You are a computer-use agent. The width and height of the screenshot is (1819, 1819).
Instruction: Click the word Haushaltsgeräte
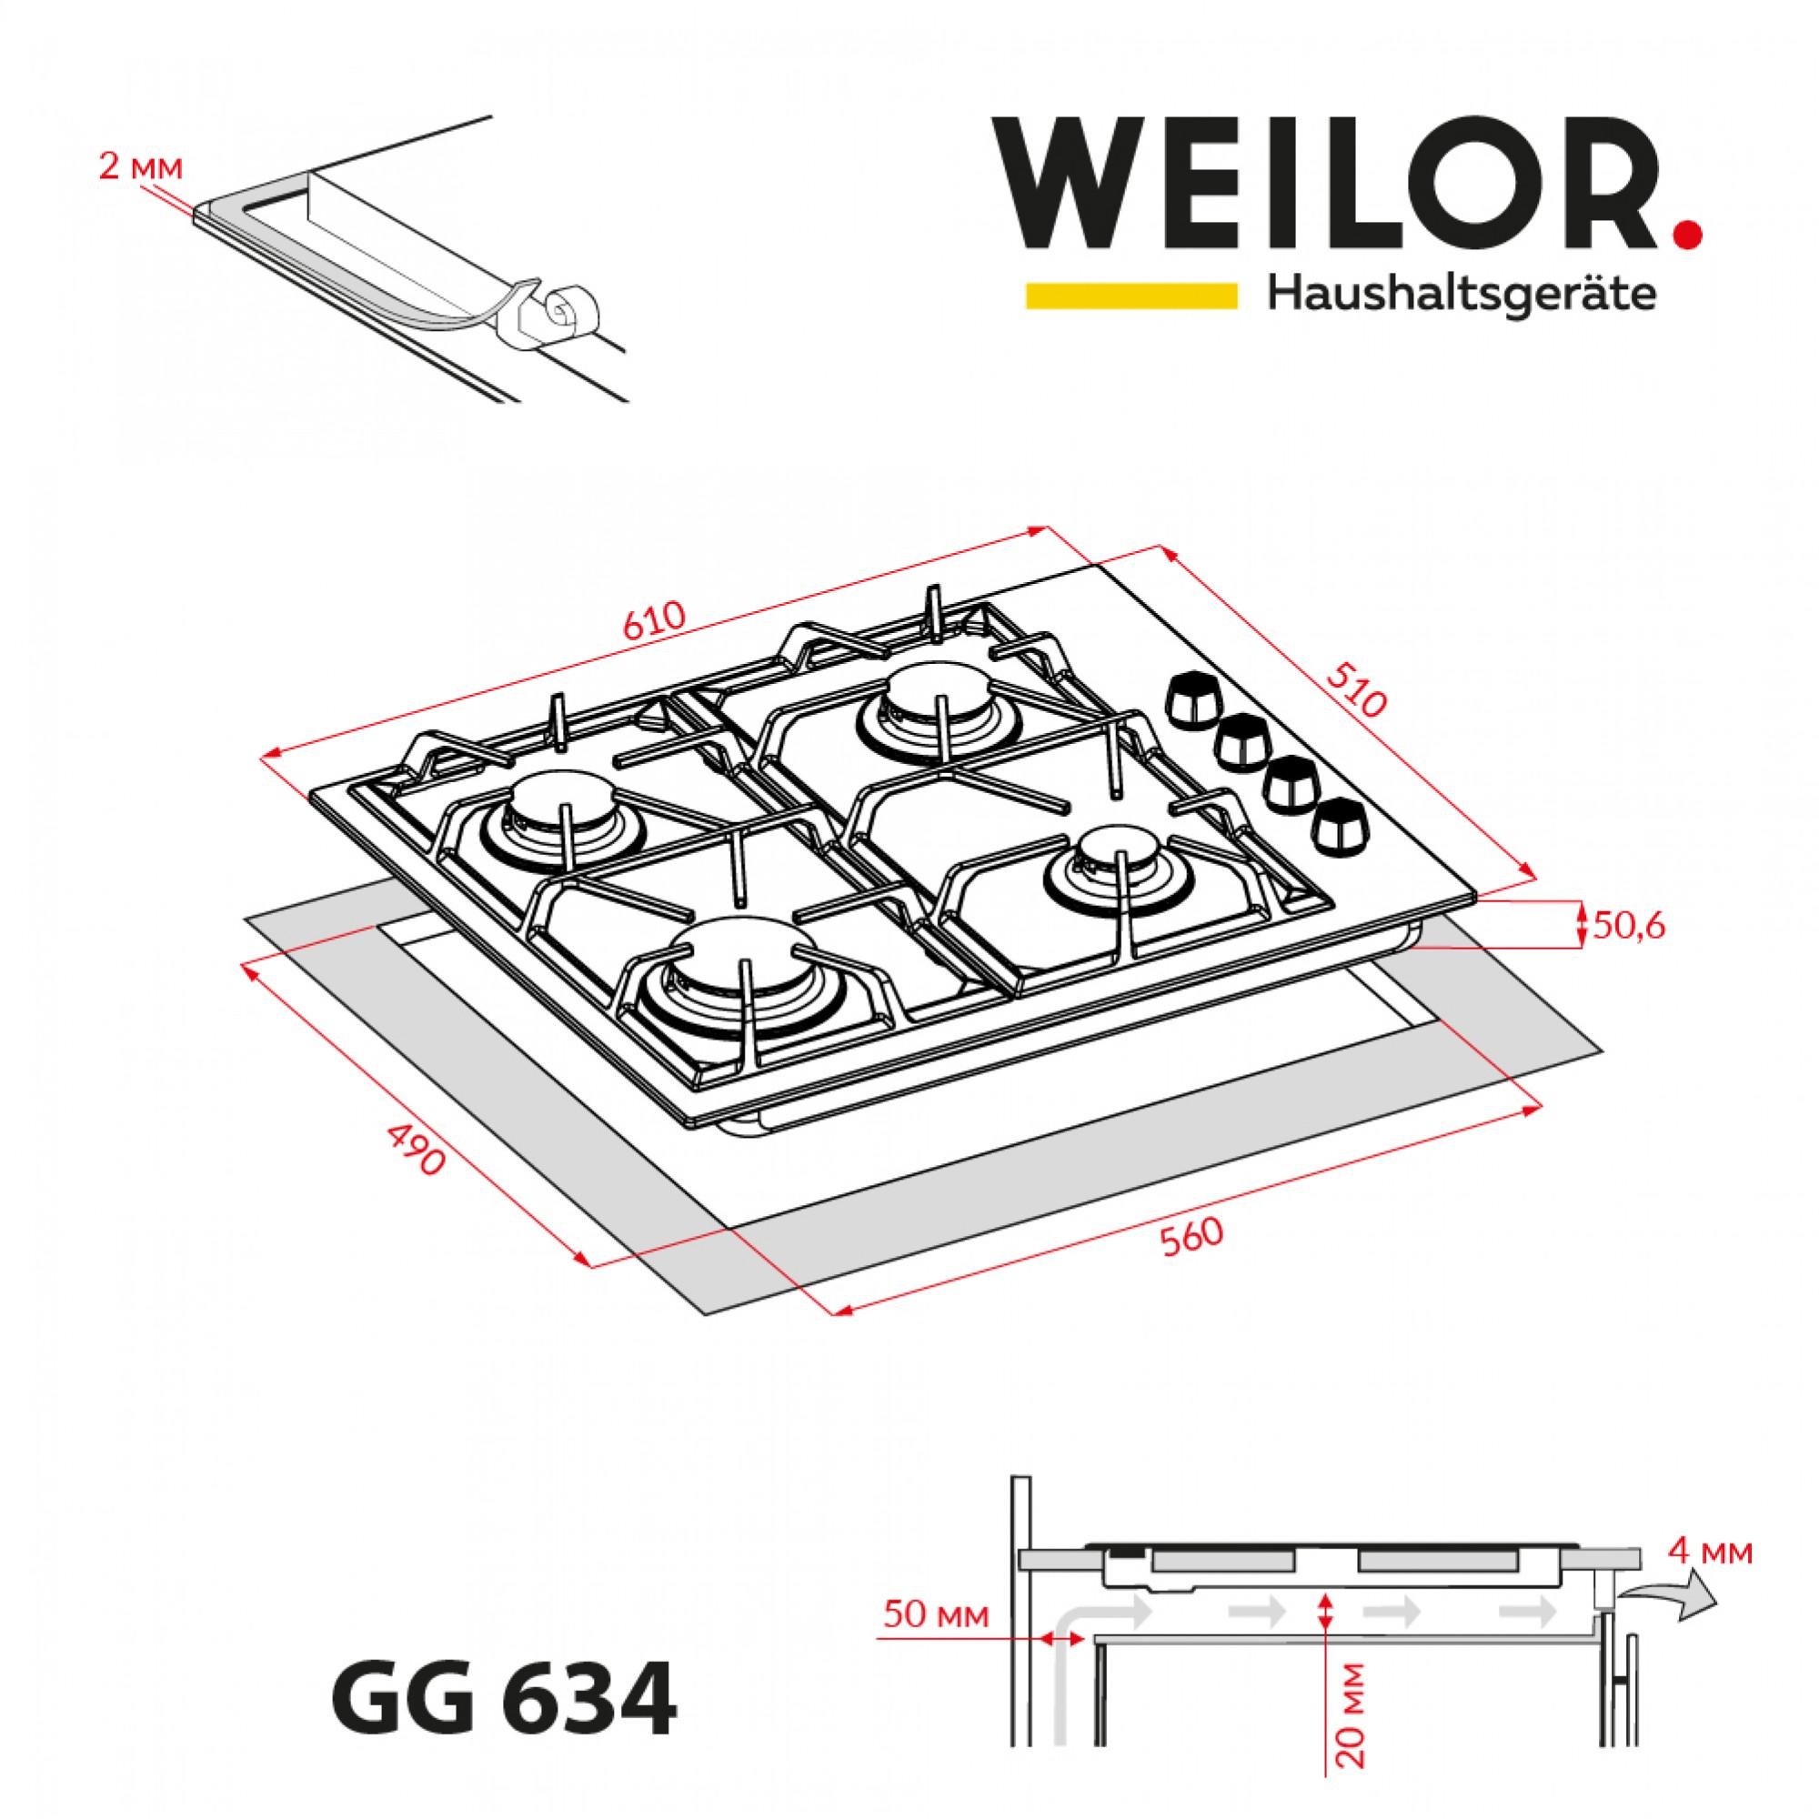click(1462, 295)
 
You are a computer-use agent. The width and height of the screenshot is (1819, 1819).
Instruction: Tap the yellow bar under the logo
click(1131, 296)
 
